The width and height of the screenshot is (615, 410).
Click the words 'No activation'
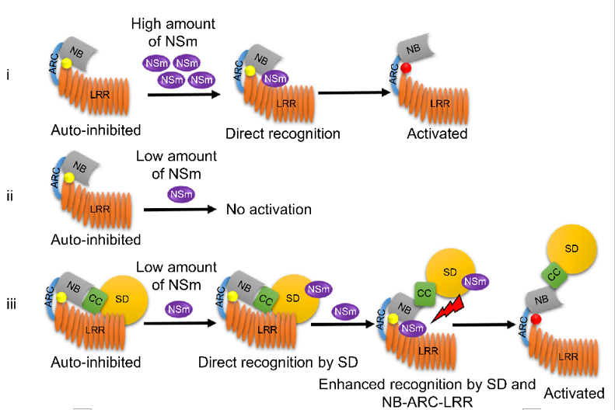pos(268,210)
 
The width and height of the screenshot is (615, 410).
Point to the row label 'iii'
pos(10,303)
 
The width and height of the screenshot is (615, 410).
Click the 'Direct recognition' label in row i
pos(283,134)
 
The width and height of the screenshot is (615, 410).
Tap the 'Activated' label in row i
pos(437,134)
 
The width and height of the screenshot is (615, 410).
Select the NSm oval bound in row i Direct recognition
pos(273,78)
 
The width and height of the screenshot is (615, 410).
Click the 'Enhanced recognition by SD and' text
pos(427,384)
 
